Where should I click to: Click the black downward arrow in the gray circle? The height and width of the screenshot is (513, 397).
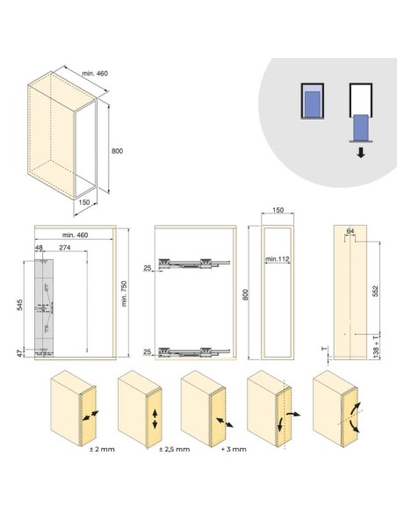361,153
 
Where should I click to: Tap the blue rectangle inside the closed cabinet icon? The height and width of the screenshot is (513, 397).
313,104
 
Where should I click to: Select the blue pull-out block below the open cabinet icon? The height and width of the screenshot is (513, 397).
361,127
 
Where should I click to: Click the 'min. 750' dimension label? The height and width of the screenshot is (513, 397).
124,293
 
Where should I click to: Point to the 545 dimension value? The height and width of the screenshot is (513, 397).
20,305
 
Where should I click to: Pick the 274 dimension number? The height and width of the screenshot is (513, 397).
65,248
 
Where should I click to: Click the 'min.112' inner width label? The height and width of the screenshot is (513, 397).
278,259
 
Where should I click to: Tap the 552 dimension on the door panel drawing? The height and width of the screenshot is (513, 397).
375,291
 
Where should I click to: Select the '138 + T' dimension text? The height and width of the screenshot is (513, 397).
376,345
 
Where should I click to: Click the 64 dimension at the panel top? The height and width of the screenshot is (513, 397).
350,231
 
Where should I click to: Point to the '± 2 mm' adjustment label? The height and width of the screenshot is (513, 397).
102,449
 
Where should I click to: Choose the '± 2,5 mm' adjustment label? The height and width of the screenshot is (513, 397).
174,449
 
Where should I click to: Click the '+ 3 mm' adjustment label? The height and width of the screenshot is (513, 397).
234,449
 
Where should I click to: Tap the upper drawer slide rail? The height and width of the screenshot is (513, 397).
194,264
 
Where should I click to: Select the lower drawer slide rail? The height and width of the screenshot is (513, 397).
194,352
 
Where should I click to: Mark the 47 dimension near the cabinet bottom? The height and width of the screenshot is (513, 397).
20,353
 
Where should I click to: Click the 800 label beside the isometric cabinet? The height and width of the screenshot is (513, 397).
117,151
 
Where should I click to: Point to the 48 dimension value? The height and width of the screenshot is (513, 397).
39,248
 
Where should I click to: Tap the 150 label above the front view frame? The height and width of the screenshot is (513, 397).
278,210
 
